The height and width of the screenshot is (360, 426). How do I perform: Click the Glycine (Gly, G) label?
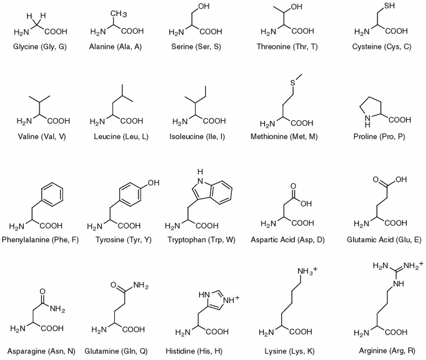pos(40,47)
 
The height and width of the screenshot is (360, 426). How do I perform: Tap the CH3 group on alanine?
pos(118,14)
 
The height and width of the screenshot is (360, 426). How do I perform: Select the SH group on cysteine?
pos(389,6)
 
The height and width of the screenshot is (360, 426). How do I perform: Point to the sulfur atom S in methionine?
pos(293,83)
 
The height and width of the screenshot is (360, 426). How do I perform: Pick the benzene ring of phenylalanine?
pos(52,195)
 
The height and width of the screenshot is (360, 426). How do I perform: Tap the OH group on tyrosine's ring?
pos(153,183)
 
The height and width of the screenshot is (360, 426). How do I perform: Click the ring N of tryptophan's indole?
pos(200,181)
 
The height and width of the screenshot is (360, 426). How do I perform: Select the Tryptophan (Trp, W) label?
pos(201,240)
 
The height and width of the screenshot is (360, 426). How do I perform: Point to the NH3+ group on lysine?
pos(307,271)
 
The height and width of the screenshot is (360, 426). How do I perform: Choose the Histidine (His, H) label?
pos(194,351)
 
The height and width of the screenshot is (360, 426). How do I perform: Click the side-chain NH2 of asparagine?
pos(57,309)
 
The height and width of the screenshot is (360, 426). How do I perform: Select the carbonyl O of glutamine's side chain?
pos(114,285)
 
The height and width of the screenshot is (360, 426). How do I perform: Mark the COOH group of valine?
pos(59,121)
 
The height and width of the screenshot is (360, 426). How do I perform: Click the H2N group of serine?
pos(176,33)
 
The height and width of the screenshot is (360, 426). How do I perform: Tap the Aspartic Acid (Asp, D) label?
pos(288,240)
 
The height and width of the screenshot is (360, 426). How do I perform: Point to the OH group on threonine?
pos(297,7)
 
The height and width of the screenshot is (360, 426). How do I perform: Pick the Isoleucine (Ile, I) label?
pos(197,136)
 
